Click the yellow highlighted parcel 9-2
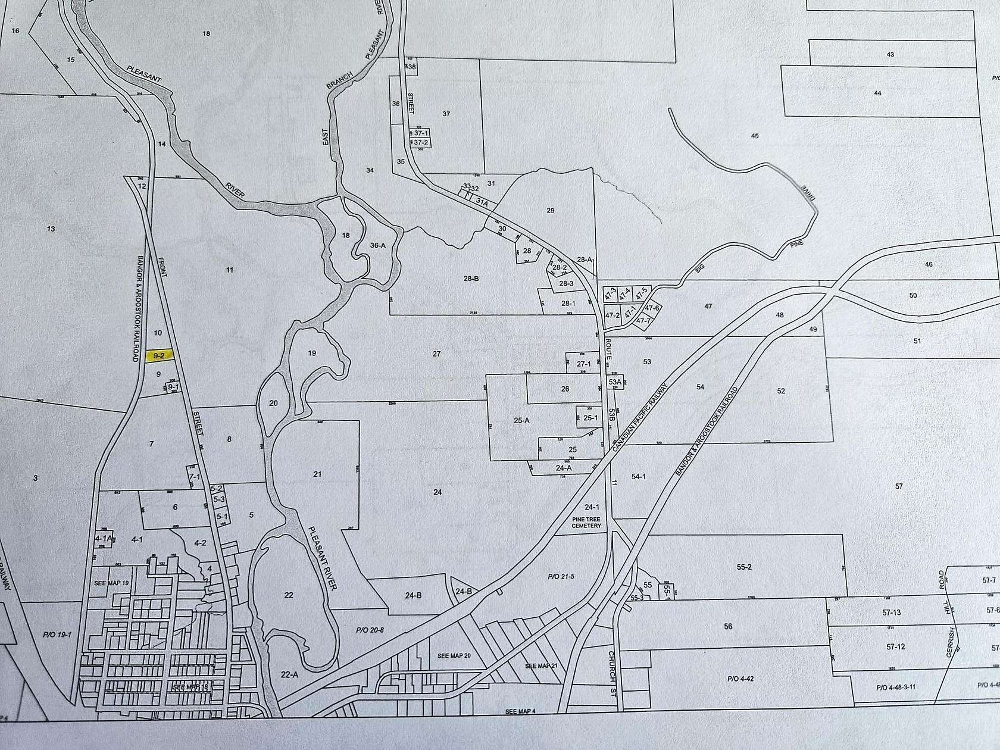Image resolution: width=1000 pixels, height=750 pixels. (x=159, y=355)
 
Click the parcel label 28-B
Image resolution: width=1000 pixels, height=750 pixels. (x=471, y=278)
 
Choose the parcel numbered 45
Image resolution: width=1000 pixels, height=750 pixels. (x=755, y=136)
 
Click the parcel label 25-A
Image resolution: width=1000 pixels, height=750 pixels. (x=521, y=420)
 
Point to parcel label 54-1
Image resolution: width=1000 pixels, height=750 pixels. (x=639, y=477)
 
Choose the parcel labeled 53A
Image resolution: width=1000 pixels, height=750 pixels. (x=615, y=382)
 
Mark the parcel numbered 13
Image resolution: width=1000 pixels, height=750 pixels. (x=50, y=229)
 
